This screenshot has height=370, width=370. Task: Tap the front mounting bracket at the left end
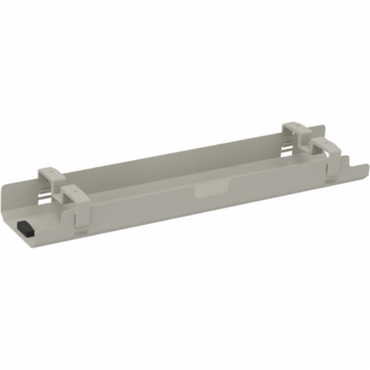[75, 193]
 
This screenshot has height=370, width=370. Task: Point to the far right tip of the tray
[368, 165]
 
